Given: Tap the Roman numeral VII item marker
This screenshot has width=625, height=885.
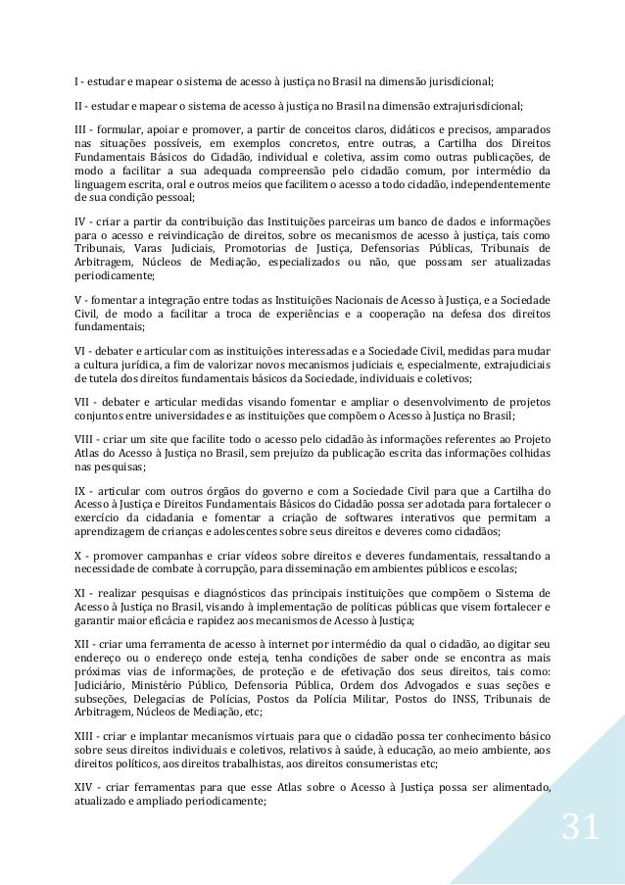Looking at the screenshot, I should pos(83,401).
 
